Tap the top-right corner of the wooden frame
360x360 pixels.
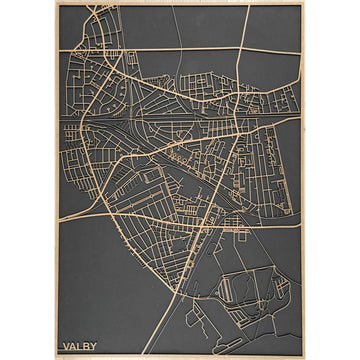(306, 2)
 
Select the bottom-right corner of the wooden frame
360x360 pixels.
(306, 358)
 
